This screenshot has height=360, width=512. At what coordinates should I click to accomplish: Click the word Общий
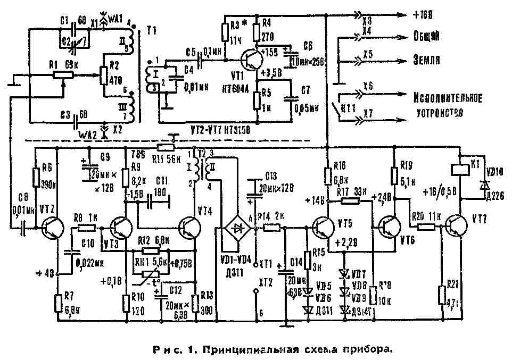[x=426, y=37]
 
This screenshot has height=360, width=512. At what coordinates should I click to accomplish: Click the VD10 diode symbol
[x=483, y=183]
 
